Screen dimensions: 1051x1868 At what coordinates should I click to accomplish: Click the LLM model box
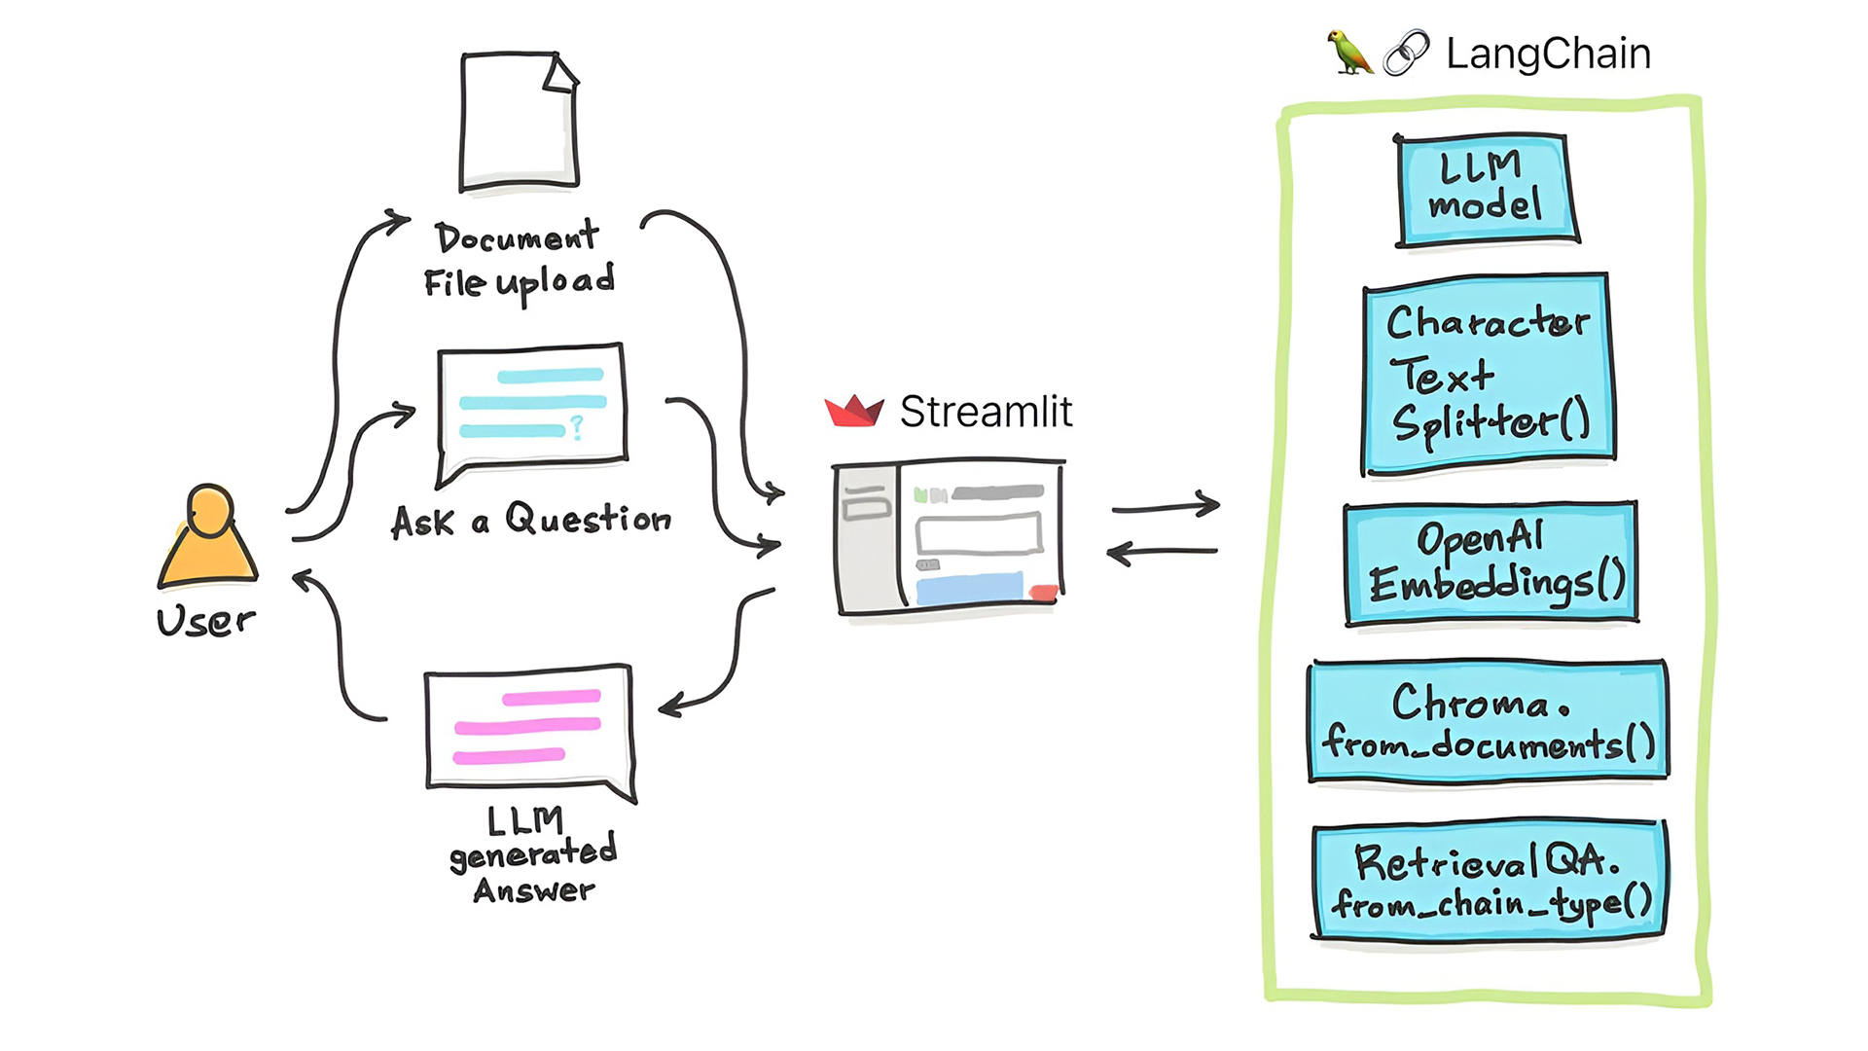pyautogui.click(x=1485, y=190)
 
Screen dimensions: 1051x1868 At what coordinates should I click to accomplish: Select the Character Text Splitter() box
pyautogui.click(x=1488, y=375)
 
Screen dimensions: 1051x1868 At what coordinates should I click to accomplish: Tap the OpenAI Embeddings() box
pyautogui.click(x=1491, y=563)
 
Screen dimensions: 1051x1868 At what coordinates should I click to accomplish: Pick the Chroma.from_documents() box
pyautogui.click(x=1488, y=722)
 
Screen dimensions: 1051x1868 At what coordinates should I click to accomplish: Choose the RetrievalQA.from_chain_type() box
pyautogui.click(x=1489, y=882)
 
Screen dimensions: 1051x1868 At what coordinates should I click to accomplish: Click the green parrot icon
pyautogui.click(x=1349, y=53)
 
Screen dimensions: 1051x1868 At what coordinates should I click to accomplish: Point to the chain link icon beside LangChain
pyautogui.click(x=1407, y=53)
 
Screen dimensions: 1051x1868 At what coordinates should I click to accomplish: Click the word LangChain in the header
pyautogui.click(x=1548, y=54)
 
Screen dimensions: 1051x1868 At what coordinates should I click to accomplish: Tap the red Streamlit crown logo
pyautogui.click(x=853, y=412)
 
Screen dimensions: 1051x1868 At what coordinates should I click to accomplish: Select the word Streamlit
pyautogui.click(x=986, y=412)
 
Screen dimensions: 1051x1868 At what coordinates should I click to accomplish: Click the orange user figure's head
pyautogui.click(x=209, y=510)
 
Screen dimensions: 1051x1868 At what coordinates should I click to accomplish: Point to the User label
pyautogui.click(x=205, y=621)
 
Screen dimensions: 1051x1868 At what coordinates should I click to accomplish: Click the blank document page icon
pyautogui.click(x=519, y=122)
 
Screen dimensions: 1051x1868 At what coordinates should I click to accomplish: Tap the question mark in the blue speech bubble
pyautogui.click(x=577, y=426)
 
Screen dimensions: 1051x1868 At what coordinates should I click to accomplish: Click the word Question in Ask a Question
pyautogui.click(x=588, y=519)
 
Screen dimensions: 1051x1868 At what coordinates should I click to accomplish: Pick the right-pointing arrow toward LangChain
pyautogui.click(x=1166, y=506)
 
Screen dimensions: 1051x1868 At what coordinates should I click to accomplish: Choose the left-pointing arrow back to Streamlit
pyautogui.click(x=1162, y=553)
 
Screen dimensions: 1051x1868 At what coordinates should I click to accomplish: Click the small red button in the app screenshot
pyautogui.click(x=1043, y=593)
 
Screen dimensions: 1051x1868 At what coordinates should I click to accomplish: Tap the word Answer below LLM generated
pyautogui.click(x=534, y=890)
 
